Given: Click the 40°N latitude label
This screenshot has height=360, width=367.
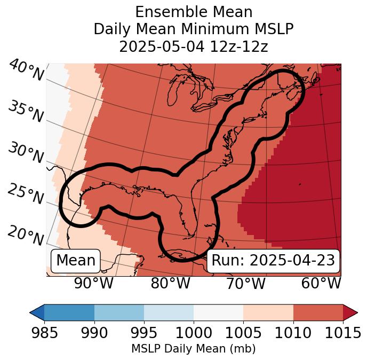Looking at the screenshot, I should point(26,71).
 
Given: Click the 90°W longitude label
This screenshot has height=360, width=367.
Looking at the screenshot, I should point(93,284).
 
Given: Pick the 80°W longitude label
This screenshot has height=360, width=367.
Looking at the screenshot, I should point(170,284).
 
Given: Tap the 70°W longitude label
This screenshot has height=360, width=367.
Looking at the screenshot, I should point(246,284).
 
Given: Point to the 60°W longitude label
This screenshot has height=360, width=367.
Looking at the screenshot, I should point(321,284).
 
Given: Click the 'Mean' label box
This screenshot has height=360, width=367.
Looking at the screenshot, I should point(76,261).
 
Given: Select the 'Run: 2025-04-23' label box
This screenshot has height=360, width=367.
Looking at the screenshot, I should point(273,261).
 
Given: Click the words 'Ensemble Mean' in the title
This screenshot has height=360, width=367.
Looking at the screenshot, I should point(194,12).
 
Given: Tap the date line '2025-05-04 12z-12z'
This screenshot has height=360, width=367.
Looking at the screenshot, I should point(194,46).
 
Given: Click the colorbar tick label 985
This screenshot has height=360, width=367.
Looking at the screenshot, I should point(44,333).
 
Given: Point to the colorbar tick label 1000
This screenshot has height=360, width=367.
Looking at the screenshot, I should point(194,333).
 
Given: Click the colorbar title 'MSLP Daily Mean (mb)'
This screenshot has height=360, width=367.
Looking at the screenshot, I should point(194,349).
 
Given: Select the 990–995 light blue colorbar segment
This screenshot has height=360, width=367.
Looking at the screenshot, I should point(119,312).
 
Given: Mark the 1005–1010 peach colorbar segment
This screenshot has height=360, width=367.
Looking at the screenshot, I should point(268,312).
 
